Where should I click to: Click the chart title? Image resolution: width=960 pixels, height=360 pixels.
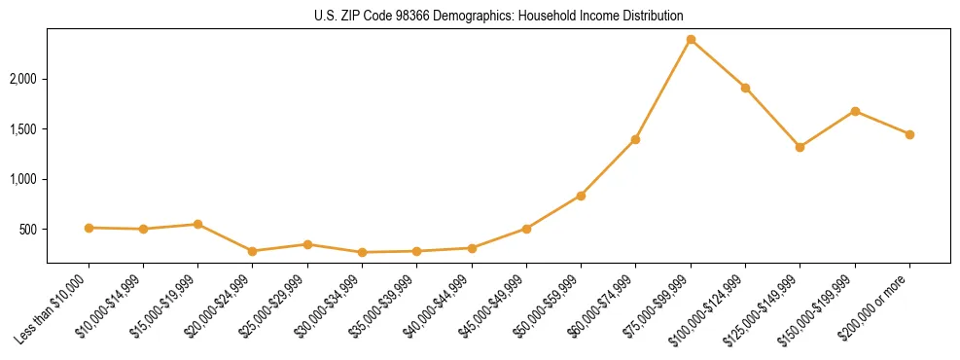(498, 16)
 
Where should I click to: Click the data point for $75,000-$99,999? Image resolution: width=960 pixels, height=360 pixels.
(691, 39)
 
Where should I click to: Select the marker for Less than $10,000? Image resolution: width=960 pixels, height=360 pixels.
(89, 228)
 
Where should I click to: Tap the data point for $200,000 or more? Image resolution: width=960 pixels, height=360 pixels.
(909, 134)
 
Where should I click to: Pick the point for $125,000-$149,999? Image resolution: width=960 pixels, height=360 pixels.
(800, 147)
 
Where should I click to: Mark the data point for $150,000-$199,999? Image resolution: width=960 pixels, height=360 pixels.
(855, 111)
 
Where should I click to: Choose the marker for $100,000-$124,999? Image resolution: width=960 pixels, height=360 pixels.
(745, 88)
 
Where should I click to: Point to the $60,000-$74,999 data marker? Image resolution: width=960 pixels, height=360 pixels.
(635, 139)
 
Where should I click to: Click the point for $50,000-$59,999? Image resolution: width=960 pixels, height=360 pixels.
(581, 196)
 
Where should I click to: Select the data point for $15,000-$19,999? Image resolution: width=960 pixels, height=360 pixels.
(197, 224)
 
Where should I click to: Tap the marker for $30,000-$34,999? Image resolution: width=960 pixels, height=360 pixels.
(362, 252)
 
